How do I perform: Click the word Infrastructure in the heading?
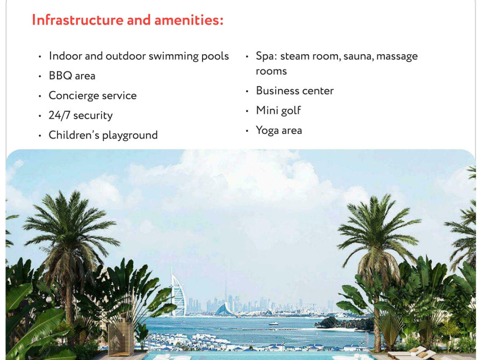tap(77, 20)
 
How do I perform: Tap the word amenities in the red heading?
tap(189, 20)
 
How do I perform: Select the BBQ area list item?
tap(72, 76)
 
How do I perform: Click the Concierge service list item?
tap(93, 96)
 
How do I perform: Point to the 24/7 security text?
tap(81, 116)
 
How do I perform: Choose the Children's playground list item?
tap(103, 135)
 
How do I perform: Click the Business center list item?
tap(295, 91)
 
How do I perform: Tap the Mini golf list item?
tap(278, 111)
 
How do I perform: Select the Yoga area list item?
tap(279, 130)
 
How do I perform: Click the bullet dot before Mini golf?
tap(247, 111)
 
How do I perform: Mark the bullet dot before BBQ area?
tap(40, 76)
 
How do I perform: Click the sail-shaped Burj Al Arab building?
tap(178, 292)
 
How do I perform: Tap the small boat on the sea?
tap(273, 323)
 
